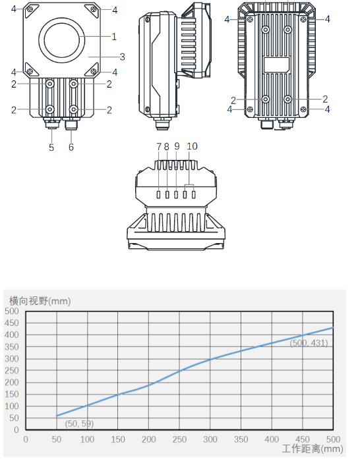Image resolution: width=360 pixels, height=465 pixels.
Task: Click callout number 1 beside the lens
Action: pos(113,36)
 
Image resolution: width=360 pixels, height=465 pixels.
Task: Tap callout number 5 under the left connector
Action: pos(51,148)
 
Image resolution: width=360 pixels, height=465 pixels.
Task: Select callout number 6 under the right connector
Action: pos(71,148)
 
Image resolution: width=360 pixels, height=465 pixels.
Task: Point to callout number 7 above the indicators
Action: pos(158,146)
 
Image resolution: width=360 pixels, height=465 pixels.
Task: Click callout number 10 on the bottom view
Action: pos(192,146)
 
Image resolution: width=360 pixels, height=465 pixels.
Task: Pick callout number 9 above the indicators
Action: pos(177,146)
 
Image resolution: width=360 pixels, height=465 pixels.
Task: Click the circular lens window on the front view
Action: pos(63,39)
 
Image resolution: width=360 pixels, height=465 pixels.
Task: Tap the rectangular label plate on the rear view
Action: pos(276,65)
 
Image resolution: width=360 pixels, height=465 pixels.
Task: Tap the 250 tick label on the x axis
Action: pos(179,439)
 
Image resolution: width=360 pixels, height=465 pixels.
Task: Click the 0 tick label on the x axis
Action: pos(26,439)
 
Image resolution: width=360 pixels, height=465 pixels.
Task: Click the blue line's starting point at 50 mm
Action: pos(57,416)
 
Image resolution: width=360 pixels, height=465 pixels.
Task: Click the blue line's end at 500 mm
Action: pos(333,327)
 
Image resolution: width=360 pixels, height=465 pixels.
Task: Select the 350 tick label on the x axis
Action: pos(241,439)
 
